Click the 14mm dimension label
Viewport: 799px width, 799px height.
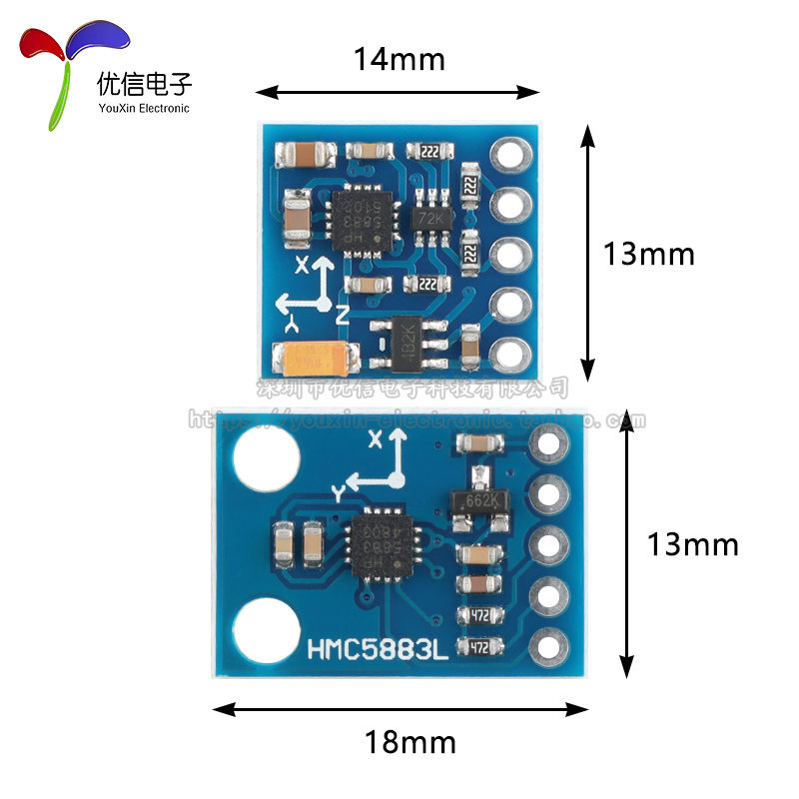[399, 60]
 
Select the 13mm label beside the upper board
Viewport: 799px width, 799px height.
[648, 254]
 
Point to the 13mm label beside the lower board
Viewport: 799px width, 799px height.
[692, 544]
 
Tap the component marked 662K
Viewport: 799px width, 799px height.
[481, 499]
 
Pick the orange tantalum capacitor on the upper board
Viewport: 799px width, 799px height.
[320, 356]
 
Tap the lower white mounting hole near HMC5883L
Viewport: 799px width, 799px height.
[265, 629]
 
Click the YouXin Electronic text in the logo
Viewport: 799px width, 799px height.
[143, 108]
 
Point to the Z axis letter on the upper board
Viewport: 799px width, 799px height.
[342, 316]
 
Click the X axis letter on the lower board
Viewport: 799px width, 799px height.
[376, 439]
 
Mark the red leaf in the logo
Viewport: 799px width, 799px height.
[42, 45]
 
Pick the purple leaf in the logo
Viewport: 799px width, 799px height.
[98, 38]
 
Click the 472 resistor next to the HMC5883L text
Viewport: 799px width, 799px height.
[480, 647]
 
